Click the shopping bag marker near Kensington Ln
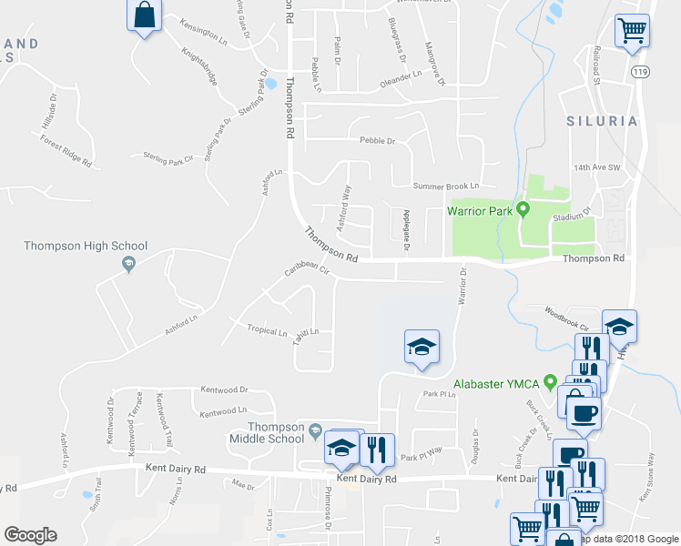click(x=146, y=15)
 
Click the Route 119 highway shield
click(x=641, y=71)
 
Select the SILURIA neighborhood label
click(x=600, y=121)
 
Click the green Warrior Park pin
click(x=523, y=210)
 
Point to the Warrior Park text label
click(x=479, y=211)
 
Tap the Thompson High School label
click(x=86, y=247)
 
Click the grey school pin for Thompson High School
click(x=128, y=264)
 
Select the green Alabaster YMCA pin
click(x=550, y=382)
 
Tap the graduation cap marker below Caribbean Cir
click(x=422, y=348)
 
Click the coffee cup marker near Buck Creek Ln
click(x=583, y=414)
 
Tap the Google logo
click(x=30, y=535)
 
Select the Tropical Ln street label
click(x=267, y=332)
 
